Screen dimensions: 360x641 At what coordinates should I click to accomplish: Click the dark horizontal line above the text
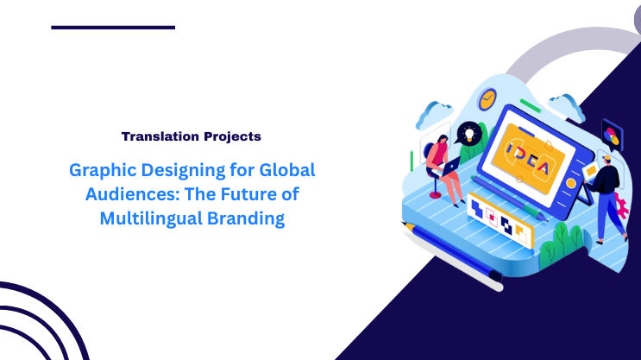click(x=113, y=28)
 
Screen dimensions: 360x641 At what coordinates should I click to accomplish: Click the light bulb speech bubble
click(x=468, y=133)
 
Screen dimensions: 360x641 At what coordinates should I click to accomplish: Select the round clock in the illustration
click(x=489, y=98)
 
